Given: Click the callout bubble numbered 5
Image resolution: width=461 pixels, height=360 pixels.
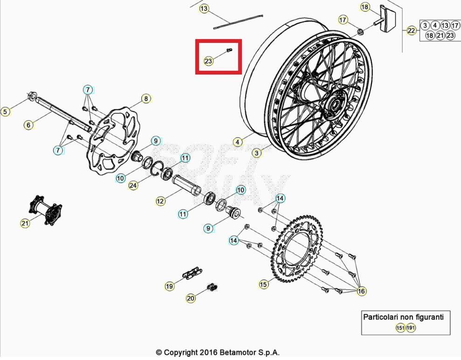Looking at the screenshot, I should pos(5,111).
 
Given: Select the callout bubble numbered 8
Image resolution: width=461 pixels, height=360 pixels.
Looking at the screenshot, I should pos(146,99).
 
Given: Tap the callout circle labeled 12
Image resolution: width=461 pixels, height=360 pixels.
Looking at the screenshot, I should pos(160,201).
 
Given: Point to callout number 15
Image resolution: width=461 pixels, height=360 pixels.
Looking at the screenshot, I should pos(264,284).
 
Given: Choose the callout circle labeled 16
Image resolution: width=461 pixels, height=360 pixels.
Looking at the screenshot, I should pos(361,291).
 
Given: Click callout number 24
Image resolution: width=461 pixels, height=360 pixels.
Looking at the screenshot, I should pos(133,185).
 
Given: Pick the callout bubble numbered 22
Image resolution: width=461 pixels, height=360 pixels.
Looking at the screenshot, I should pos(411,31).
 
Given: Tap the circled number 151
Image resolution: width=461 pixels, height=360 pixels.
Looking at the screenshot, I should pos(400,328).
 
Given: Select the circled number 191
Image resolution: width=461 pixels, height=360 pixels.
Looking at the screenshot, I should pos(411,328).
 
